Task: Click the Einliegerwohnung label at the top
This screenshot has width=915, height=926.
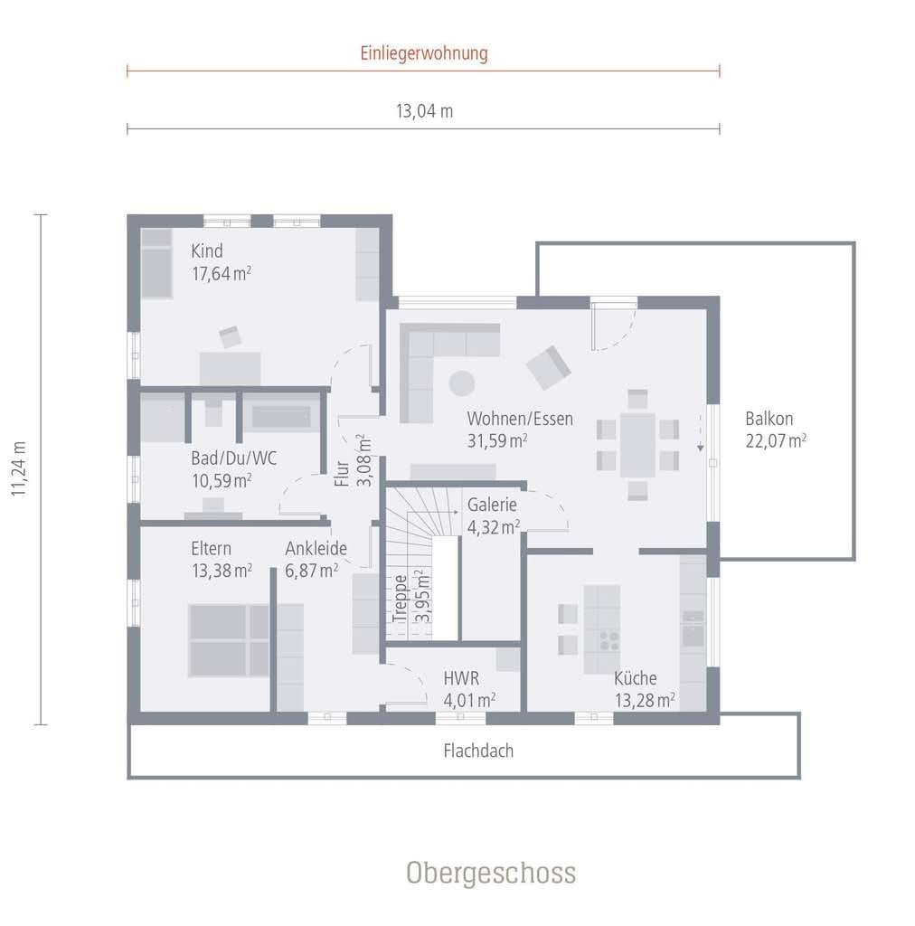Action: click(424, 53)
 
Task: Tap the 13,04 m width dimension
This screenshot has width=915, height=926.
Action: click(424, 111)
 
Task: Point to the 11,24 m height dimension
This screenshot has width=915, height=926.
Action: click(18, 468)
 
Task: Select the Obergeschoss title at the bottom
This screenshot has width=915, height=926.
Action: click(491, 873)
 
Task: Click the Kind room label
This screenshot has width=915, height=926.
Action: click(207, 251)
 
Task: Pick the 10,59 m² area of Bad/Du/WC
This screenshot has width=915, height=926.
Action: click(222, 481)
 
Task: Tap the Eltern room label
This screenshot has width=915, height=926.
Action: click(211, 549)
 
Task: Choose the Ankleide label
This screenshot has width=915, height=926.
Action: click(316, 549)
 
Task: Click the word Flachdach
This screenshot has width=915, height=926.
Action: click(478, 751)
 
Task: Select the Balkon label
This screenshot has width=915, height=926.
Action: click(769, 419)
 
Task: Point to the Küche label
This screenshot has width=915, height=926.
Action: click(636, 678)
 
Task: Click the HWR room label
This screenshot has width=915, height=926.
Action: click(461, 678)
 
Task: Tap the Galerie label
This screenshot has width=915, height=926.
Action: click(492, 505)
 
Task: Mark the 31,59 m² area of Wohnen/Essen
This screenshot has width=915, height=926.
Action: click(497, 440)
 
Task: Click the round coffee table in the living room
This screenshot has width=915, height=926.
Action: click(462, 383)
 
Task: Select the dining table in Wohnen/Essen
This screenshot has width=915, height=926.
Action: click(637, 445)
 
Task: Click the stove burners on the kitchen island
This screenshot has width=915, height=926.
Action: click(609, 641)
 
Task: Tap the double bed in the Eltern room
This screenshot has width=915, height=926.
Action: click(229, 640)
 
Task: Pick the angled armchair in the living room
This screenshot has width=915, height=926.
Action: click(549, 367)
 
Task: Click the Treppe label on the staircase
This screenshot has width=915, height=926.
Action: click(401, 599)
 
